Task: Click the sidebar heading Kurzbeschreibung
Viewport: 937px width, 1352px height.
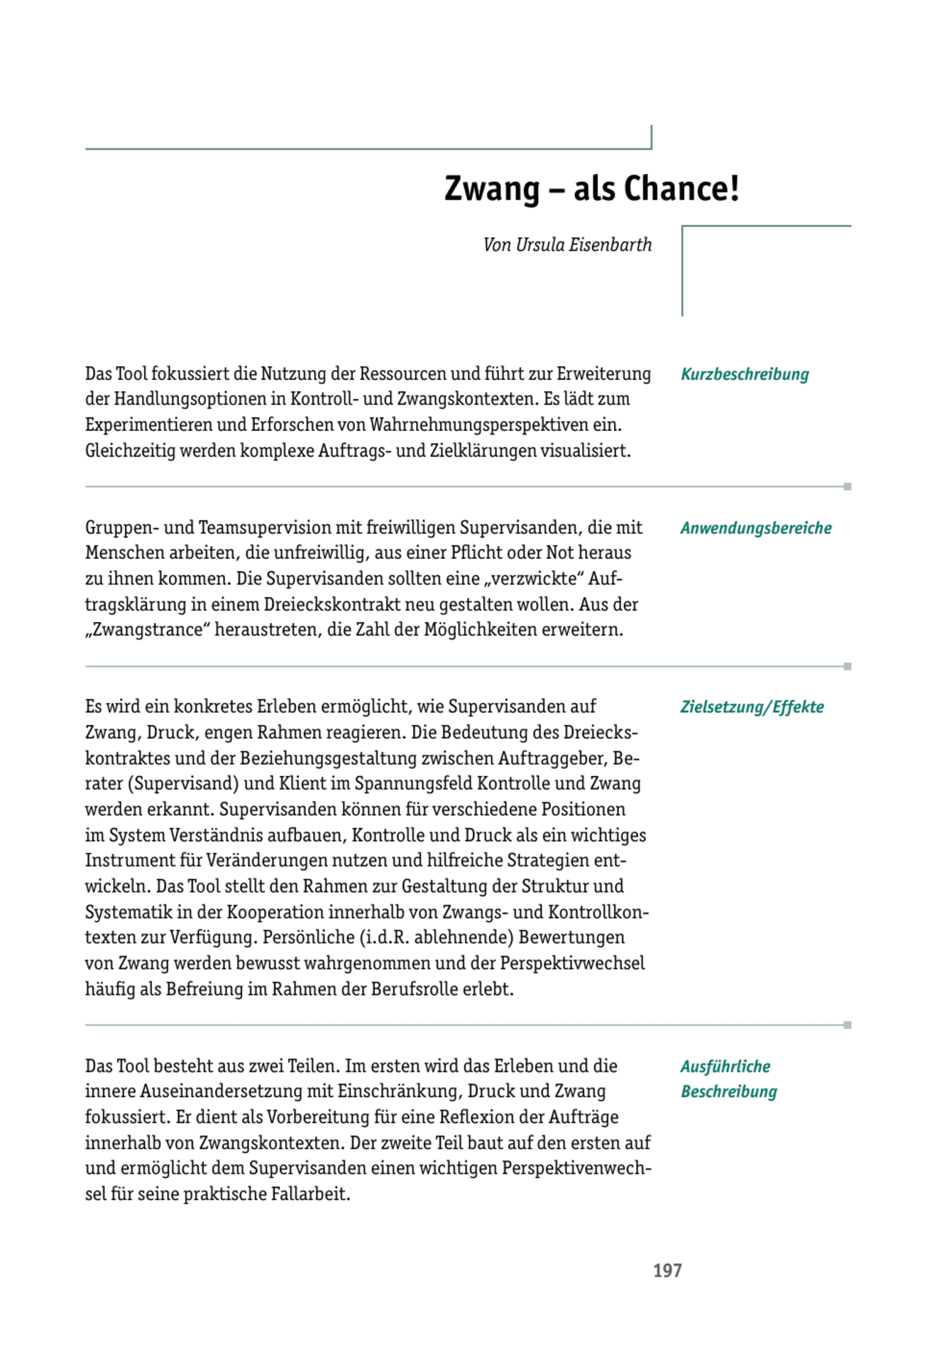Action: pos(745,374)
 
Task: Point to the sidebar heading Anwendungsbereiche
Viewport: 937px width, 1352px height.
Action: pos(756,528)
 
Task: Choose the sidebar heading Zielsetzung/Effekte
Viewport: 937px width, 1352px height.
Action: pos(752,707)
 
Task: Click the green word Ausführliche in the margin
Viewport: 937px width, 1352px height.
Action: pos(725,1067)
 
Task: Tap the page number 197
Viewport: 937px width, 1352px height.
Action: pos(667,1270)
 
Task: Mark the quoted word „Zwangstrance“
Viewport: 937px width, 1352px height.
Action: pos(147,630)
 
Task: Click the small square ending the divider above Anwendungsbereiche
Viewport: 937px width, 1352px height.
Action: pos(848,487)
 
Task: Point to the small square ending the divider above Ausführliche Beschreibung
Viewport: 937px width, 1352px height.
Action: pos(848,1025)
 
